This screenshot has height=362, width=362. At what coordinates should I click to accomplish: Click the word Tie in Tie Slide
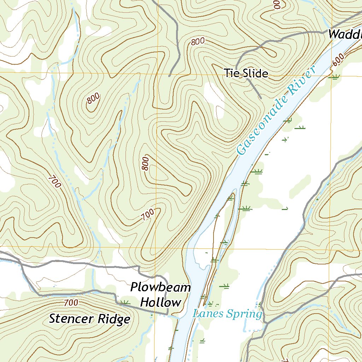click(232, 73)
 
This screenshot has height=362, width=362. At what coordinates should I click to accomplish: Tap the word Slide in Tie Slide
click(255, 73)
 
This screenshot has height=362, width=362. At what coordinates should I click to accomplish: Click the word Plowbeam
click(160, 287)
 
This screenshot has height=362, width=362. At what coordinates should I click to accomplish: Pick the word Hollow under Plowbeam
click(160, 303)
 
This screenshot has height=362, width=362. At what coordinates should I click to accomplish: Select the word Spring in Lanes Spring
click(245, 314)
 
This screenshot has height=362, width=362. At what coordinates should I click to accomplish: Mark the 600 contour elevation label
click(338, 60)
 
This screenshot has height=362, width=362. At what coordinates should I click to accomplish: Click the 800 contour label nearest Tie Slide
click(198, 42)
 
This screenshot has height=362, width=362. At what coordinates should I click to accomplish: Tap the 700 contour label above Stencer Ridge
click(71, 303)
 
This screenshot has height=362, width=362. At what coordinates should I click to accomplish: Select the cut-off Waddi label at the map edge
click(345, 35)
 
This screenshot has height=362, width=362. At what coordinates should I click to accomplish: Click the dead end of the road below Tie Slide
click(261, 98)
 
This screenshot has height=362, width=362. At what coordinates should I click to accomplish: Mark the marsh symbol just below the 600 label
click(334, 76)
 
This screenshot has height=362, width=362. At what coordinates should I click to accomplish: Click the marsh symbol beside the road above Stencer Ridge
click(124, 302)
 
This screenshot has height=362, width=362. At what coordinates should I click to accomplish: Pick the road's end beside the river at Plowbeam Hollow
click(167, 314)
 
